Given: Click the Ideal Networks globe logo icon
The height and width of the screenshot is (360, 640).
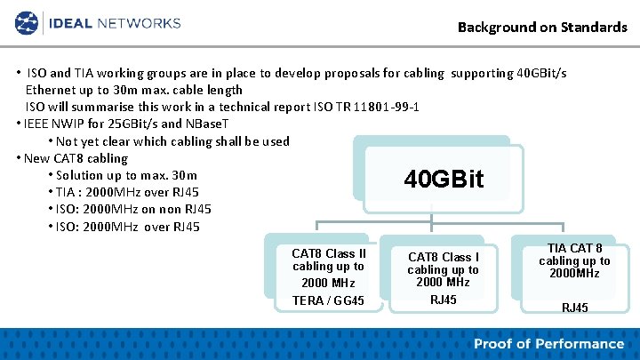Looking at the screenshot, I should [x=27, y=22].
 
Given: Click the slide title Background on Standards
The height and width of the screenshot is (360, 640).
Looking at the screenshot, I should [x=542, y=27].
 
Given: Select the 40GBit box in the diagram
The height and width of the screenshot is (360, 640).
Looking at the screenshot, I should [x=444, y=179].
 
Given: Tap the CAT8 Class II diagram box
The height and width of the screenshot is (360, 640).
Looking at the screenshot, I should [x=328, y=276].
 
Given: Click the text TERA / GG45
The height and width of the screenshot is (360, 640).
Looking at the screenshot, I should [x=328, y=300].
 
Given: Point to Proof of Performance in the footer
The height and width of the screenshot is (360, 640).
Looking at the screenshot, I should [x=548, y=344].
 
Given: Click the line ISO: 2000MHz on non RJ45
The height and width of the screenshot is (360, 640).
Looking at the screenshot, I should [x=130, y=209].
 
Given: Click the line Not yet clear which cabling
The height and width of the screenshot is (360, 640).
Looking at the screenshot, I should [x=172, y=141].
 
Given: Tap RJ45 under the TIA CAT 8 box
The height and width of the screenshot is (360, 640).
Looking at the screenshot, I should [x=574, y=308].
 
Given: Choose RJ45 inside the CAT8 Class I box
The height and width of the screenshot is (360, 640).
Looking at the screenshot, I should [x=443, y=300].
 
